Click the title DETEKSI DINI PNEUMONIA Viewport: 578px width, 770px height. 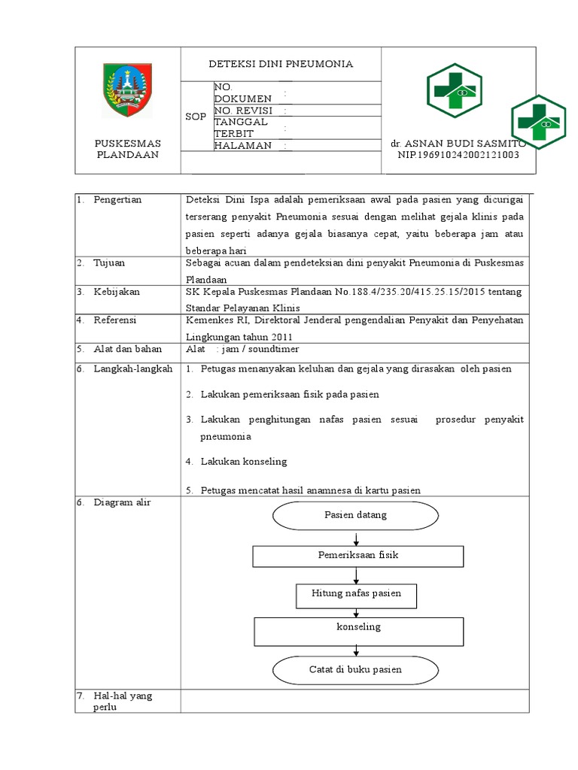coord(281,64)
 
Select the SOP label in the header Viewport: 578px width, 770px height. coord(195,118)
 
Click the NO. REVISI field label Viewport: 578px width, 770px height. coord(242,111)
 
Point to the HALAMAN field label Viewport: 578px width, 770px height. coord(242,146)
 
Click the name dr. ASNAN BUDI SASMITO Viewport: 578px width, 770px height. coord(458,143)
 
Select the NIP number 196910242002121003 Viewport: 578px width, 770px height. coord(458,154)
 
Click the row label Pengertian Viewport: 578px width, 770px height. coord(117,199)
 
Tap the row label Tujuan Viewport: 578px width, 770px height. coord(109,262)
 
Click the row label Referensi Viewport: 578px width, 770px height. coord(114,320)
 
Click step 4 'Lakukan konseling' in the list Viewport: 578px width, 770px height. coord(243,461)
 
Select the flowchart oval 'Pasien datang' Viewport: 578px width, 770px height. coord(355,516)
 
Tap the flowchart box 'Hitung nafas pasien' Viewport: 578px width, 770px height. coord(356,593)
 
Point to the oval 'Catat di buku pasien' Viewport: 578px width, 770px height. coord(355,668)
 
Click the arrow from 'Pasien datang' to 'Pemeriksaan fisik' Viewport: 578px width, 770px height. coord(355,538)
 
